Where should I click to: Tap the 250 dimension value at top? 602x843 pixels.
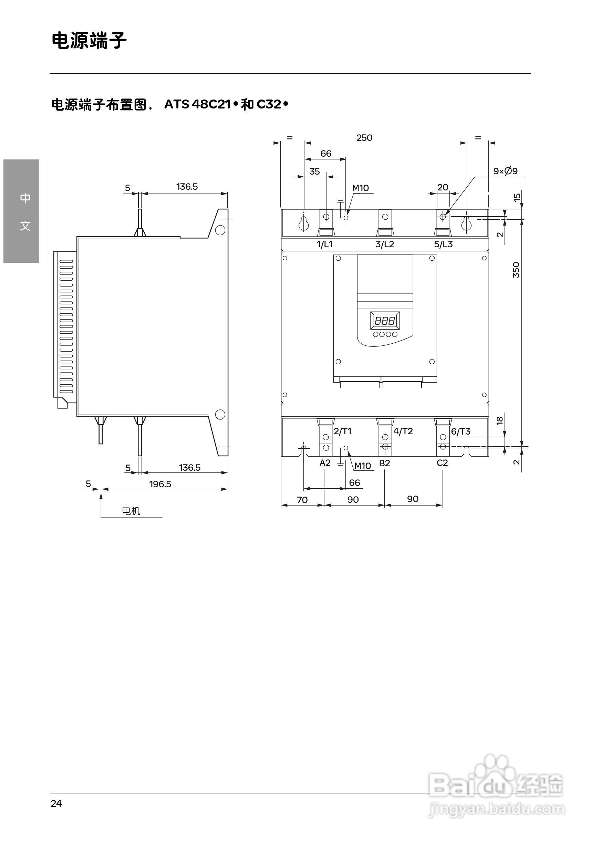pyautogui.click(x=364, y=138)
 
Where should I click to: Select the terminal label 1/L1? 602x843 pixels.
pyautogui.click(x=324, y=244)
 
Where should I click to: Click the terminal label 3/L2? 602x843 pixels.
pyautogui.click(x=384, y=244)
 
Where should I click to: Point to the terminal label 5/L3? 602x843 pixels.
pyautogui.click(x=443, y=244)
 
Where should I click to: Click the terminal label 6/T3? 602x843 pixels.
pyautogui.click(x=460, y=431)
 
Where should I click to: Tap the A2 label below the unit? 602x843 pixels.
pyautogui.click(x=325, y=463)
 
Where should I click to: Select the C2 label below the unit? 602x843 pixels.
pyautogui.click(x=442, y=463)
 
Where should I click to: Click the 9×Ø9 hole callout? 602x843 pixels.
pyautogui.click(x=505, y=171)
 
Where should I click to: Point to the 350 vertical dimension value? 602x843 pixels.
pyautogui.click(x=516, y=270)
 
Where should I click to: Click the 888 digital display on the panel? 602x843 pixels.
pyautogui.click(x=385, y=321)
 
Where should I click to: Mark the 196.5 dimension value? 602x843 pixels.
pyautogui.click(x=160, y=484)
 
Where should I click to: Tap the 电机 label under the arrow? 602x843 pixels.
pyautogui.click(x=131, y=511)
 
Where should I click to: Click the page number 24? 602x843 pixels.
pyautogui.click(x=56, y=803)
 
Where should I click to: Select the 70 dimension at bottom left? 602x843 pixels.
pyautogui.click(x=302, y=500)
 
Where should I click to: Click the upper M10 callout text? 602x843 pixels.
pyautogui.click(x=360, y=188)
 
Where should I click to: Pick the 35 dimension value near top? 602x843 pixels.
pyautogui.click(x=314, y=171)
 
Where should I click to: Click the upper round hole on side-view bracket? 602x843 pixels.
pyautogui.click(x=220, y=230)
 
